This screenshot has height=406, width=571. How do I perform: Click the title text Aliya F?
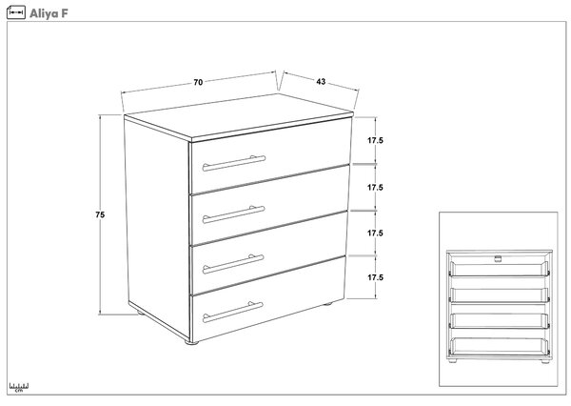[49, 13]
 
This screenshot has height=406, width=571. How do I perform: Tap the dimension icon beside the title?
[16, 12]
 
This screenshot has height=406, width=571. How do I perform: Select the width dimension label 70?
[198, 83]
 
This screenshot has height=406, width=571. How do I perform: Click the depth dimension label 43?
[321, 82]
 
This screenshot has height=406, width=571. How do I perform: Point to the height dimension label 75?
[100, 214]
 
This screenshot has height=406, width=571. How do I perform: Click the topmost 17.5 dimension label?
[375, 140]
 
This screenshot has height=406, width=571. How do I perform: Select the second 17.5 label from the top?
[375, 188]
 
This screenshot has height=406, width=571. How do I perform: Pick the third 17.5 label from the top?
[375, 233]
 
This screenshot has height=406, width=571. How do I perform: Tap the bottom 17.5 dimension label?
[375, 277]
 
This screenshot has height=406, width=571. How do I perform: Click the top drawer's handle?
[234, 163]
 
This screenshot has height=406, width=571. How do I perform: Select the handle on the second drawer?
[233, 214]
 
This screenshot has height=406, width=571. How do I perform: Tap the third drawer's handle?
[233, 264]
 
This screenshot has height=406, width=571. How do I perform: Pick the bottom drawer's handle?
[233, 313]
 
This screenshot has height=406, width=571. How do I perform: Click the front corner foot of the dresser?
[191, 342]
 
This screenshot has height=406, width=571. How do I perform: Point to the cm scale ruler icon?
[19, 387]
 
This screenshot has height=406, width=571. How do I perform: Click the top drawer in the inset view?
[500, 269]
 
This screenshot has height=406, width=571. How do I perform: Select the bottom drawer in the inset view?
[500, 346]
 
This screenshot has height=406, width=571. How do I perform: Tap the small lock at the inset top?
[498, 258]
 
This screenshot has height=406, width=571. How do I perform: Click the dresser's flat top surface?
[239, 116]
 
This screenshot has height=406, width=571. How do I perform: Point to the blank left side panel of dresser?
[157, 226]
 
